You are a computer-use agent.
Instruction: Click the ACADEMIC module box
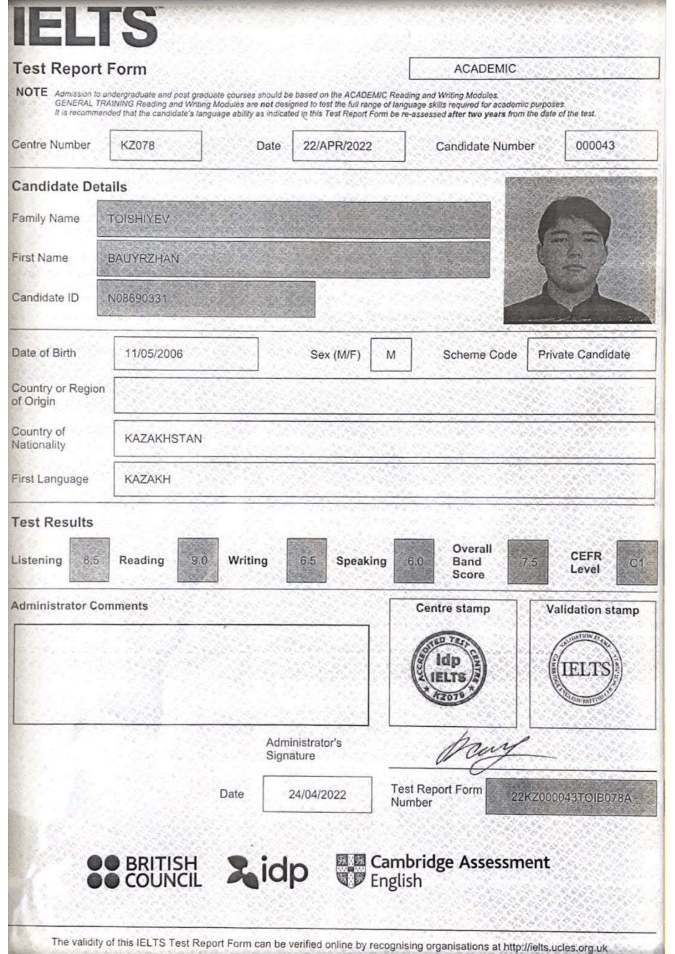534,69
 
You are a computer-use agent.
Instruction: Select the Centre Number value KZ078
137,146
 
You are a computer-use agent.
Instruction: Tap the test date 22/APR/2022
337,146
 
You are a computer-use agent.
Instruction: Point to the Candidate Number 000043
595,146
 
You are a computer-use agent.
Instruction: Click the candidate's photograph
580,250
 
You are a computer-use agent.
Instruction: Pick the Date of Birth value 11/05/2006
154,354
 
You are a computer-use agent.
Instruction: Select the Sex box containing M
390,354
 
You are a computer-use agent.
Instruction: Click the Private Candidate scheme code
584,354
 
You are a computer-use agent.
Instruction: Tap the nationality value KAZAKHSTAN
163,438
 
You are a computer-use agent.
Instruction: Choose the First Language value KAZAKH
147,479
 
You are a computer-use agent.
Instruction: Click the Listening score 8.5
90,560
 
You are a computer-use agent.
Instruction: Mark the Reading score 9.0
198,560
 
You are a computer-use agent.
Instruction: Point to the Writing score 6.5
307,560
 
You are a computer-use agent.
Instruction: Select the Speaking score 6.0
414,561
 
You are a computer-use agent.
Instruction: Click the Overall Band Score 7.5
528,562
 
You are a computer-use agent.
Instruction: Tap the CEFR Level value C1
636,562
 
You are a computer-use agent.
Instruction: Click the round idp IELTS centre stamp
448,669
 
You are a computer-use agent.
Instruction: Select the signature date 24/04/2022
317,795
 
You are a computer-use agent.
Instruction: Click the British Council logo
144,871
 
